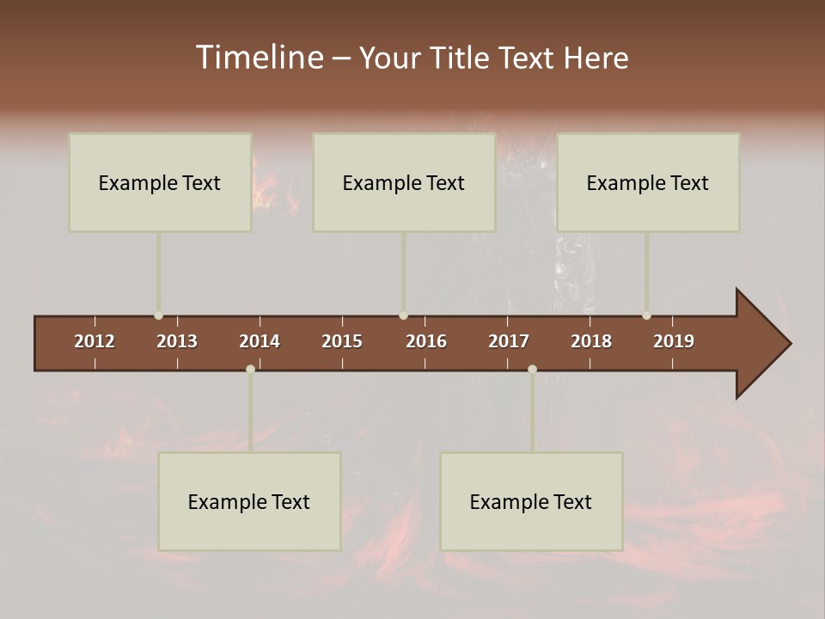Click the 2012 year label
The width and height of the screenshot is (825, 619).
coord(95,341)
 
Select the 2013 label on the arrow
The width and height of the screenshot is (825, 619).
coord(177,341)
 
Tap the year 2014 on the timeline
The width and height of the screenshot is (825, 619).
coord(260,341)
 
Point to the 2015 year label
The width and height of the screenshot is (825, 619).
coord(342,341)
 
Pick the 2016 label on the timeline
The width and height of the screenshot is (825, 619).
coord(426,341)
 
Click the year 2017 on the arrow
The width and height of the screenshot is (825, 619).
coord(509,341)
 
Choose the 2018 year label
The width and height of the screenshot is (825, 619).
coord(591,341)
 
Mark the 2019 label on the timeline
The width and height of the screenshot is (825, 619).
coord(674,341)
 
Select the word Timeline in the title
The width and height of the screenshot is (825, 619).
coord(259,58)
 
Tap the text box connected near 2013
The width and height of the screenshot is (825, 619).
coord(160,182)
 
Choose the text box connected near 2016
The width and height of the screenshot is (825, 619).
coord(404,182)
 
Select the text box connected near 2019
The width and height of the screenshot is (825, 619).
coord(648,182)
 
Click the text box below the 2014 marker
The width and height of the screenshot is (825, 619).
coord(249,501)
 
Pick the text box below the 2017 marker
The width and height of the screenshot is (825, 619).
coord(531,501)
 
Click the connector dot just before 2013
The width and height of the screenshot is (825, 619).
coord(158,316)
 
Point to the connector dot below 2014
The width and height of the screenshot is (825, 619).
coord(250,370)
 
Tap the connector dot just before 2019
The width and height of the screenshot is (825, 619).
coord(646,316)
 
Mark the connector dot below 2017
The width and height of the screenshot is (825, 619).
coord(532,370)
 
